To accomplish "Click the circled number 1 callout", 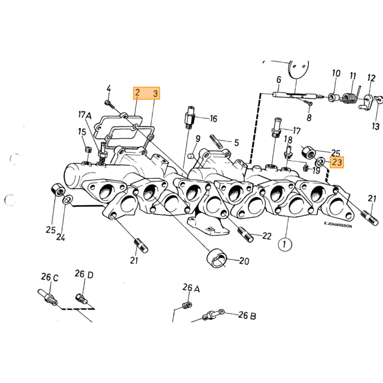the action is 285,244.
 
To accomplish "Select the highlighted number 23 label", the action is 337,162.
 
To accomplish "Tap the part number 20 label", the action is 244,261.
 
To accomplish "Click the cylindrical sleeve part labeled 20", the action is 217,258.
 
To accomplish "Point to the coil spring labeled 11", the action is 350,97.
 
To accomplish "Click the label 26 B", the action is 247,315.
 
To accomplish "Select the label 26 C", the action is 50,277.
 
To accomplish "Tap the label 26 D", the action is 84,275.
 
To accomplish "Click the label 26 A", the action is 191,288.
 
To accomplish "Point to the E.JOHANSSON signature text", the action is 338,224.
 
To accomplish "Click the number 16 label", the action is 213,119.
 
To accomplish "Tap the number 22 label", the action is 267,236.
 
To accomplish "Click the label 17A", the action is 85,115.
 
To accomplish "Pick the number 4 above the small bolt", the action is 108,89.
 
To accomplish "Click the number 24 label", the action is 60,237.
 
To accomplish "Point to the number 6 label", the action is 278,80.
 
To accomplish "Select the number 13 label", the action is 376,126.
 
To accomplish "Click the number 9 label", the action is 198,139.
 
